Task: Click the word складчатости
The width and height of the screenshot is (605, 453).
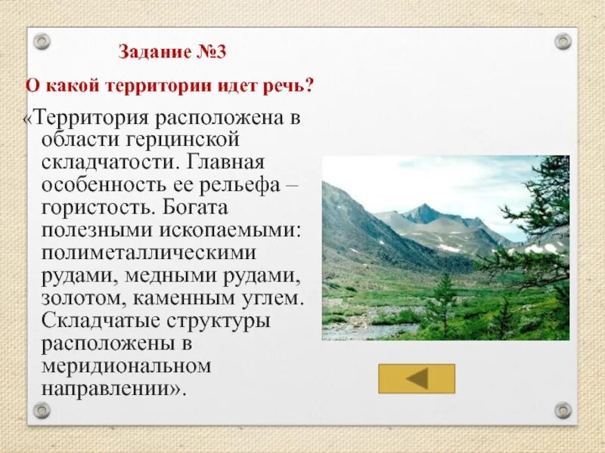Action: pyautogui.click(x=109, y=162)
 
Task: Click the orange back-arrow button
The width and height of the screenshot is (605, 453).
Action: pyautogui.click(x=416, y=378)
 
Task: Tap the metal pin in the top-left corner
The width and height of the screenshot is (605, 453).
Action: pyautogui.click(x=42, y=41)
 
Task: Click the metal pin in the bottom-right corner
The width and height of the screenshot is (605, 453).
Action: pyautogui.click(x=563, y=411)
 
